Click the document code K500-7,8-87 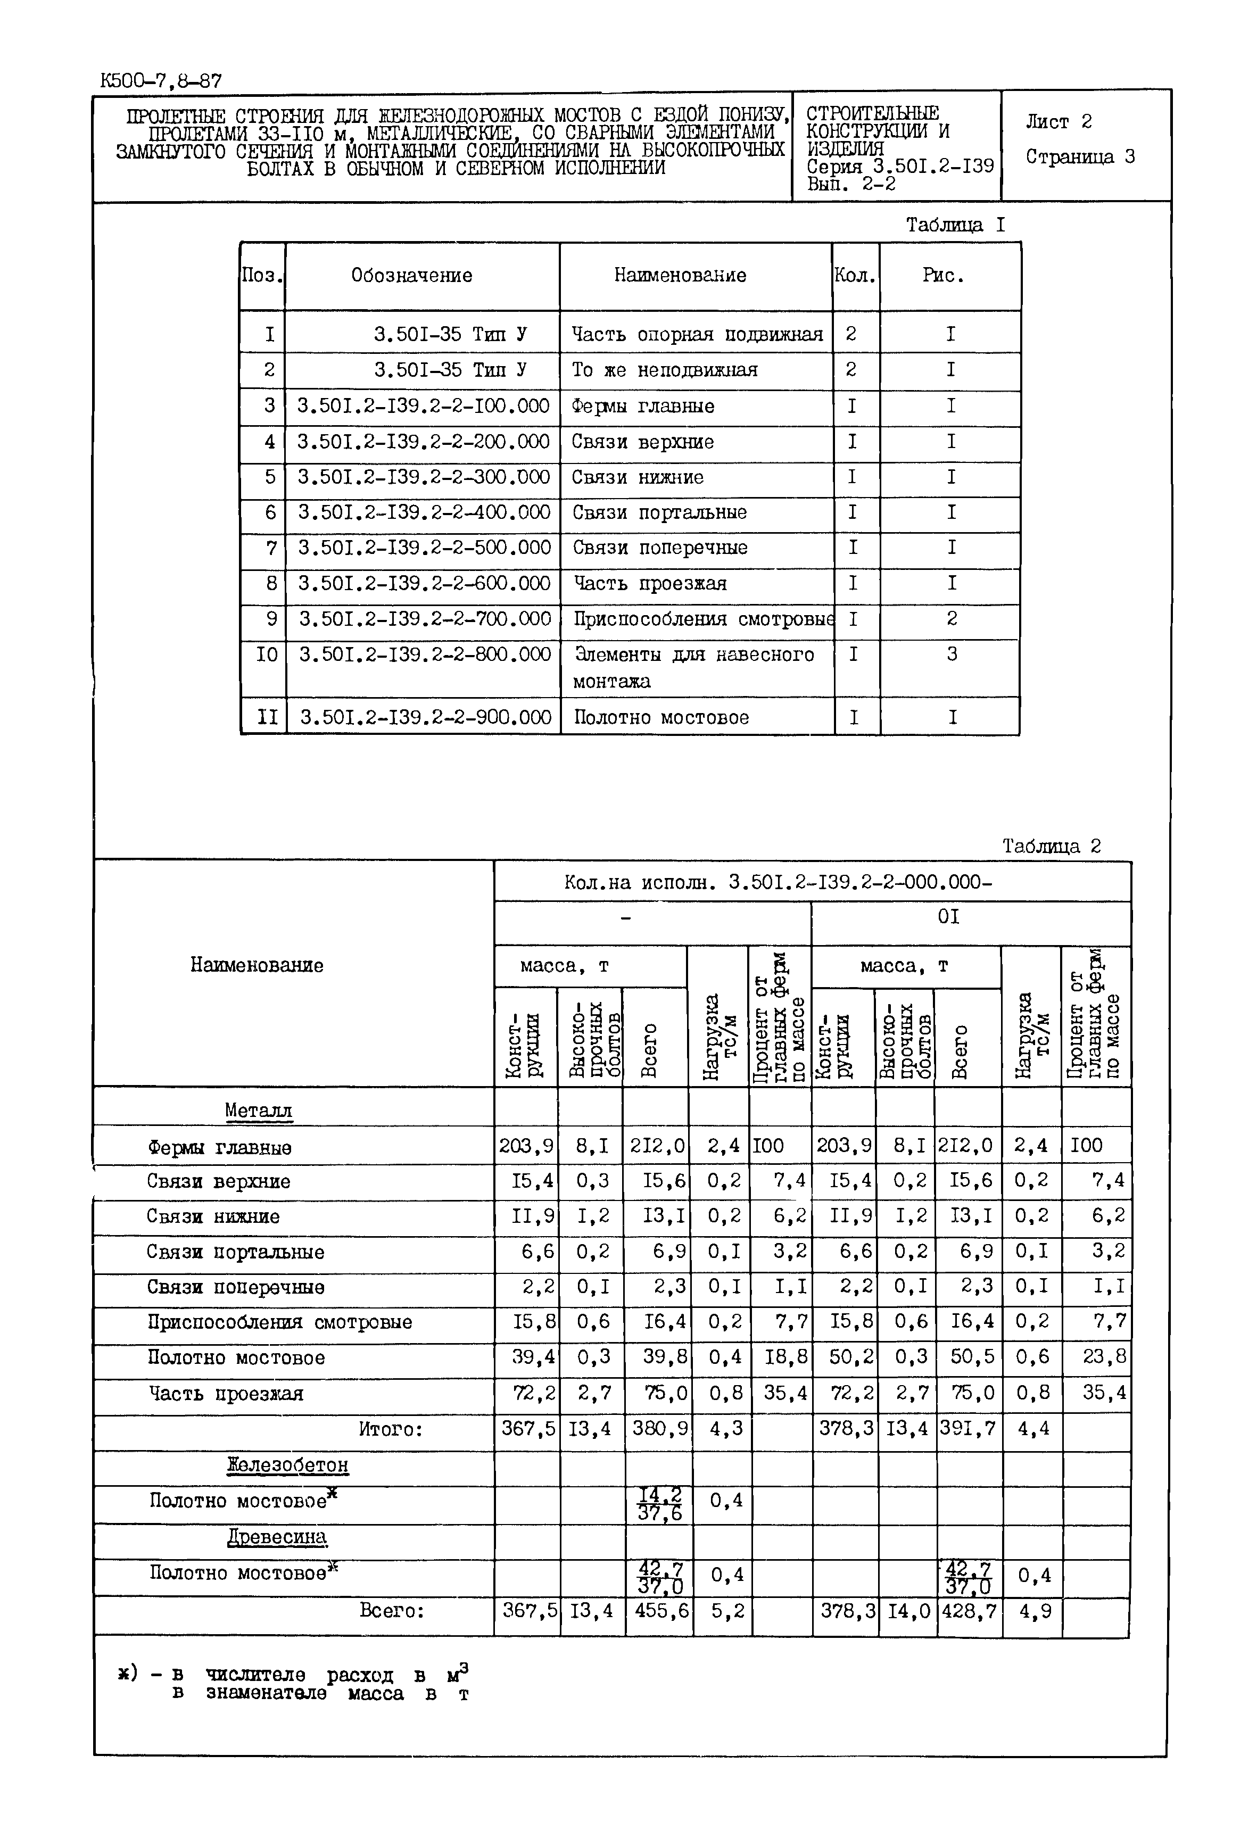[161, 81]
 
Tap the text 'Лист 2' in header [1058, 122]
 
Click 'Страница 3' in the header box [1080, 156]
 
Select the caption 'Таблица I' [955, 225]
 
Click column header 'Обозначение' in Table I [411, 276]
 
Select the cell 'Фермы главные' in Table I [643, 407]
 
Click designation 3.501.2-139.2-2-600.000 [424, 583]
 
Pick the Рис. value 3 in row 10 [952, 655]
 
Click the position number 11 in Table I [268, 717]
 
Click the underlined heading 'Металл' [258, 1110]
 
